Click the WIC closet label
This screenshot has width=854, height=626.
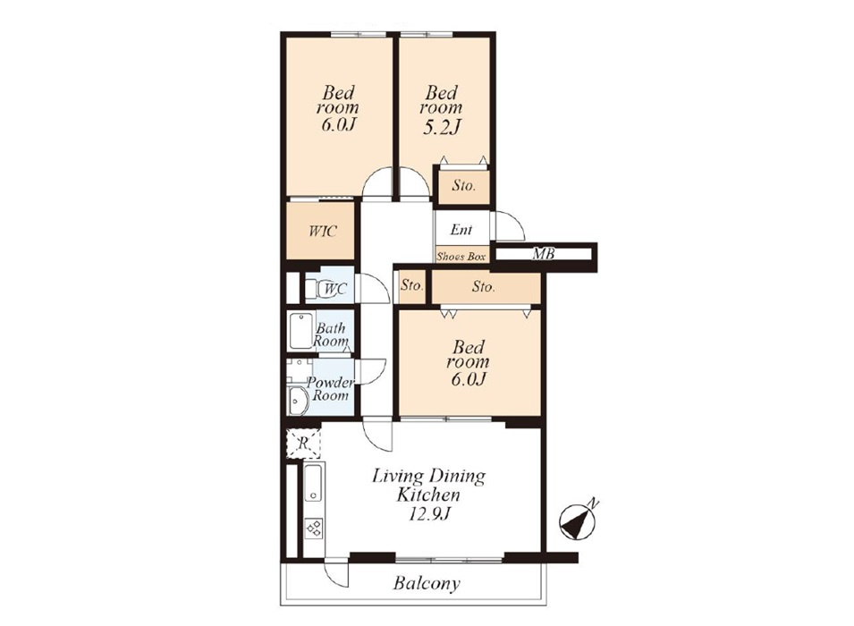[x=323, y=231]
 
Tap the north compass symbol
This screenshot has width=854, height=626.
[x=579, y=521]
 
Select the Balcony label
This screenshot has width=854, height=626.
[x=427, y=583]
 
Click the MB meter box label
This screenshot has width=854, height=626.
[x=543, y=253]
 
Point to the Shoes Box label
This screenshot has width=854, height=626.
[x=461, y=256]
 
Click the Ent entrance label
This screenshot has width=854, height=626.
[x=461, y=230]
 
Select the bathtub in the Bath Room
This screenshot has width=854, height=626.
[x=300, y=331]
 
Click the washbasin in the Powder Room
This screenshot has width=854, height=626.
[x=299, y=401]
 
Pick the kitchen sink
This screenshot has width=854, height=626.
[x=313, y=483]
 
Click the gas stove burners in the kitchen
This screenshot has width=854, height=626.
[x=314, y=528]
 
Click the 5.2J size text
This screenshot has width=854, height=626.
[x=441, y=127]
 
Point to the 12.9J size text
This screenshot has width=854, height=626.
[x=430, y=513]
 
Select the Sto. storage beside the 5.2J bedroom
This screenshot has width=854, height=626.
[x=463, y=186]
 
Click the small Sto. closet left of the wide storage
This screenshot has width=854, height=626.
[x=411, y=286]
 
